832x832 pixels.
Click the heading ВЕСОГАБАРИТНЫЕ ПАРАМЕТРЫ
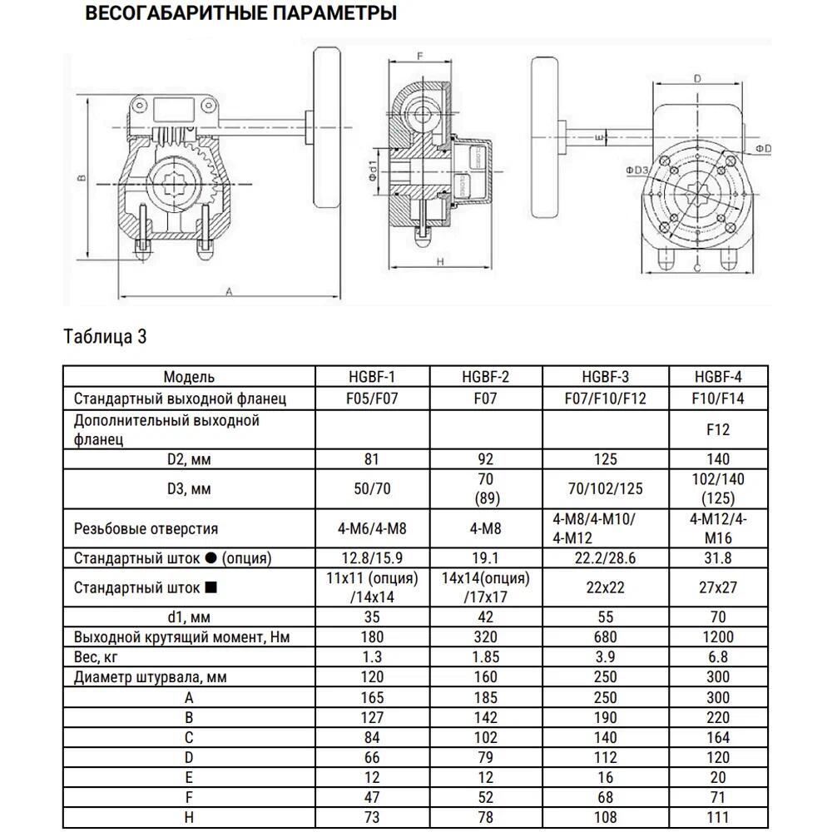coord(241,14)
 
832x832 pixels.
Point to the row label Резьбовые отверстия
coord(146,528)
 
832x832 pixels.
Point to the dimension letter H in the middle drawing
coord(441,261)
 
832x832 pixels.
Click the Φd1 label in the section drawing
coord(374,174)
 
